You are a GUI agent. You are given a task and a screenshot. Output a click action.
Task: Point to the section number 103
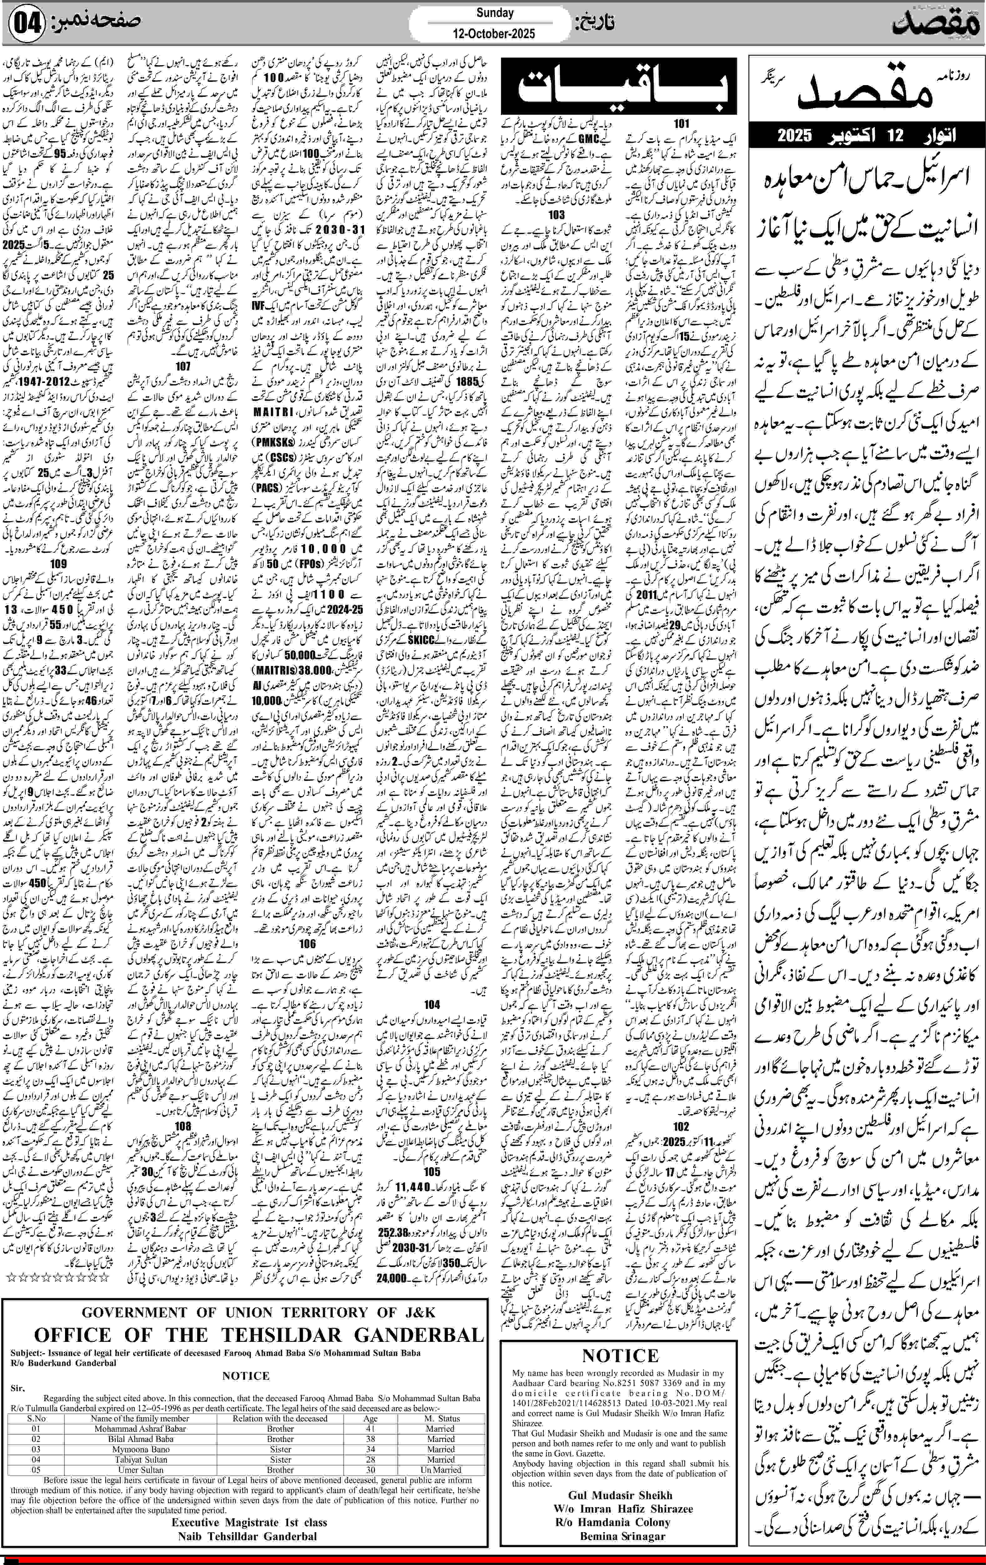pos(556,214)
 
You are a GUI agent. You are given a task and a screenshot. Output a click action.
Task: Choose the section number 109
pos(58,564)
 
